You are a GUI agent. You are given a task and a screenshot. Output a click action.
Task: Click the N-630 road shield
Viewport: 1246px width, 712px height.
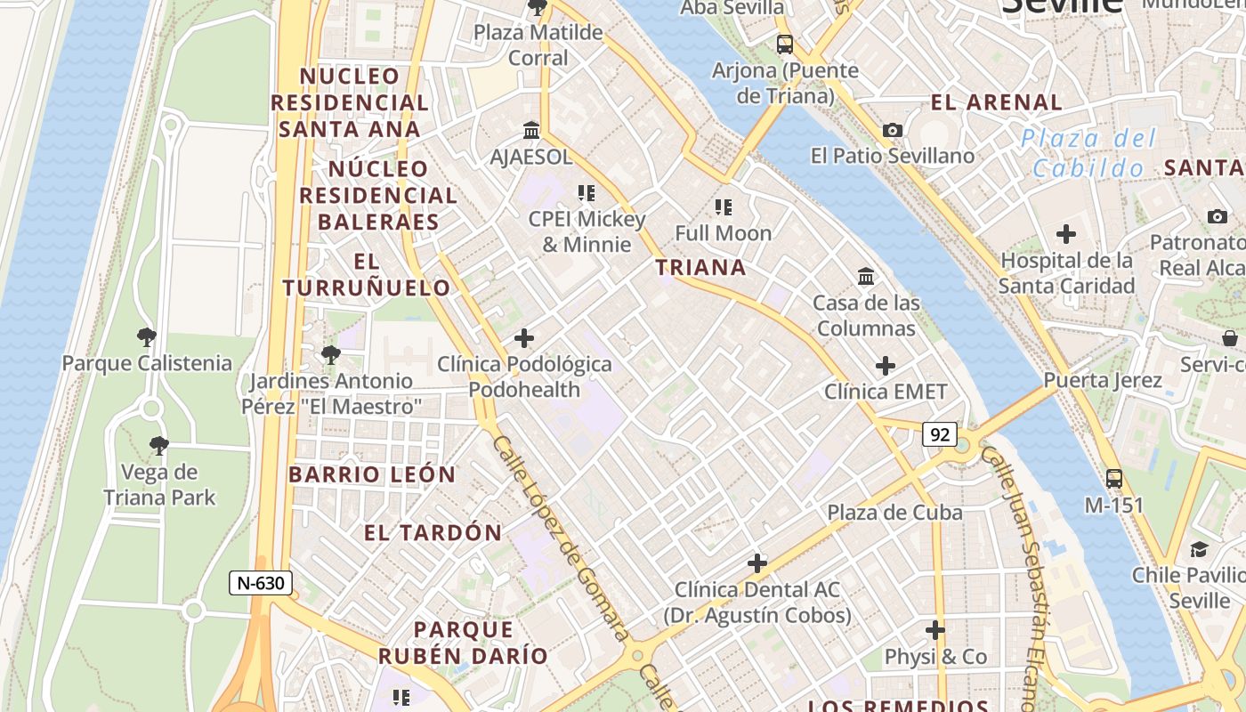[x=261, y=583]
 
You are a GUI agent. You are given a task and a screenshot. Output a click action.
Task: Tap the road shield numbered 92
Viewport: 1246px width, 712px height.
[x=939, y=434]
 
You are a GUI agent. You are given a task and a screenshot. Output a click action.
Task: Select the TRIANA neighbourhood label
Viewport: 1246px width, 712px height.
[x=700, y=267]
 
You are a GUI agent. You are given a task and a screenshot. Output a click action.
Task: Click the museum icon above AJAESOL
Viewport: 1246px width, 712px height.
[x=532, y=131]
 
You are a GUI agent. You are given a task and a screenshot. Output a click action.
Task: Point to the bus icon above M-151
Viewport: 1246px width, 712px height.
[x=1113, y=478]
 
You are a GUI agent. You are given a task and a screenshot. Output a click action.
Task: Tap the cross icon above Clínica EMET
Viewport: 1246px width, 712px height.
[x=886, y=366]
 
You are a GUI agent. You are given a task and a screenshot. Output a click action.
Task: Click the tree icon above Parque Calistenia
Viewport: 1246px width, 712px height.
[x=147, y=337]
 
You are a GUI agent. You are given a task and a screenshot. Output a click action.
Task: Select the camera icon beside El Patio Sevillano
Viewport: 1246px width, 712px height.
[x=893, y=131]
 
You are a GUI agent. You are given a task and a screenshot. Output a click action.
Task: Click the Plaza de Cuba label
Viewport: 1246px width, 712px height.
[x=894, y=513]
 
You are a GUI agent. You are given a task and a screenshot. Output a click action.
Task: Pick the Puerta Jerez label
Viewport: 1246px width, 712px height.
[x=1103, y=381]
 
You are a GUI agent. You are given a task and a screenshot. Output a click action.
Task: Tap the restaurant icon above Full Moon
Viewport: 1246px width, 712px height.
[x=724, y=207]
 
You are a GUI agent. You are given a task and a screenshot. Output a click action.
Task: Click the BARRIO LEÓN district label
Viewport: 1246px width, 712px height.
[x=372, y=474]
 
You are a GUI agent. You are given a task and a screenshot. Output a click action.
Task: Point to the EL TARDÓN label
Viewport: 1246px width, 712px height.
[x=433, y=533]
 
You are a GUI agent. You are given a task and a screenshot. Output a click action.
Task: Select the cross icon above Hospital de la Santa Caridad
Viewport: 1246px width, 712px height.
[x=1065, y=235]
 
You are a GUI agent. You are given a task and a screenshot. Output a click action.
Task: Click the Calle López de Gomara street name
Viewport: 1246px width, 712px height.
[x=562, y=539]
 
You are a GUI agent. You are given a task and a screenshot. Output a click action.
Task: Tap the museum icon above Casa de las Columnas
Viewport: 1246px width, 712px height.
[x=866, y=277]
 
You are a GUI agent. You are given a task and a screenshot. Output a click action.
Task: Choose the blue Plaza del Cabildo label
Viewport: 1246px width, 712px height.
[x=1088, y=153]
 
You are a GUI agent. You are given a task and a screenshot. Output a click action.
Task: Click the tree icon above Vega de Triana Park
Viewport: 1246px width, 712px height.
[x=159, y=446]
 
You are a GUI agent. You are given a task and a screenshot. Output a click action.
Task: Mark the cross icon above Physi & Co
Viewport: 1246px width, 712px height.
[x=934, y=631]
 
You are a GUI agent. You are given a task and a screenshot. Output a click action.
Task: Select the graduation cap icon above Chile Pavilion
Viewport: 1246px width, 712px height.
[x=1199, y=549]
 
